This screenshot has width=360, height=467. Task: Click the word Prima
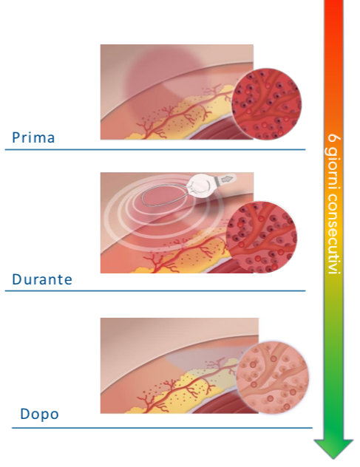tap(33, 137)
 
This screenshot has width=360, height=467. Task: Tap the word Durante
tap(42, 279)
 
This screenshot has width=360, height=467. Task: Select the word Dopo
tap(39, 414)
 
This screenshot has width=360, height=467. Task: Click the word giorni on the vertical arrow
tap(333, 167)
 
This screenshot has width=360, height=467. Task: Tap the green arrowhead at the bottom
tap(333, 449)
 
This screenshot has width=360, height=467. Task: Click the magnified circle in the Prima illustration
tap(266, 104)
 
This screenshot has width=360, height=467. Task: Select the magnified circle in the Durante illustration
tap(262, 236)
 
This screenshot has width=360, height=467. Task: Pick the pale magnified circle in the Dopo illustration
tap(272, 378)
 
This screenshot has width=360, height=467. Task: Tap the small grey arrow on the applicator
tap(228, 179)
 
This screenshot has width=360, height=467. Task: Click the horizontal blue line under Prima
tap(155, 149)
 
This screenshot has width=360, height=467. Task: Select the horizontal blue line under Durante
tap(155, 290)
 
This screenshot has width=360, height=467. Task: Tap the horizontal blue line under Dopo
tap(162, 428)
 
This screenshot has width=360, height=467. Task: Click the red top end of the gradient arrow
tap(333, 1)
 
